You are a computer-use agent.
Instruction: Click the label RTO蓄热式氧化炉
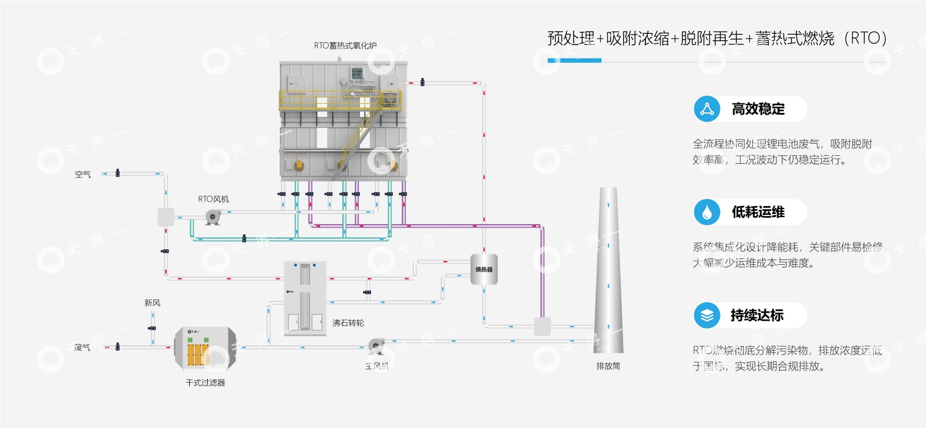[x=345, y=45]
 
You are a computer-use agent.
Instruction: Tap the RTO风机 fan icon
[x=213, y=217]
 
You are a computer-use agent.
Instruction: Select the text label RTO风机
[x=213, y=199]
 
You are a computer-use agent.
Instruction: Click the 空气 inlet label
[x=82, y=174]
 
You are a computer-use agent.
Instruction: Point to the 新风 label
[x=152, y=303]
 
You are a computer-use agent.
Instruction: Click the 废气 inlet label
[x=82, y=347]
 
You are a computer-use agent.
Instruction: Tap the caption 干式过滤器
[x=205, y=383]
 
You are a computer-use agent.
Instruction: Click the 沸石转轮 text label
[x=348, y=323]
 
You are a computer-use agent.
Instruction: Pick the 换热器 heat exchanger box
[x=484, y=269]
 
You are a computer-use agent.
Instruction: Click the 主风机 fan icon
[x=376, y=347]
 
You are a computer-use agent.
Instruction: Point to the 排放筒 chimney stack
[x=609, y=269]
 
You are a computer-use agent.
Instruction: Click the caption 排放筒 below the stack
[x=608, y=366]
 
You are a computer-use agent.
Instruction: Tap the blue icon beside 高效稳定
[x=707, y=109]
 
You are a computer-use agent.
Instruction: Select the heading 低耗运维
[x=758, y=212]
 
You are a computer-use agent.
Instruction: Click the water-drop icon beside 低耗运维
[x=707, y=212]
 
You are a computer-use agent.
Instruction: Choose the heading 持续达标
[x=757, y=315]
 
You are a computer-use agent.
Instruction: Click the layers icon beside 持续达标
[x=707, y=315]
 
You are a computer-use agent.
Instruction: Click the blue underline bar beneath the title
[x=574, y=61]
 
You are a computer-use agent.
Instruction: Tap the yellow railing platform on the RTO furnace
[x=340, y=100]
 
